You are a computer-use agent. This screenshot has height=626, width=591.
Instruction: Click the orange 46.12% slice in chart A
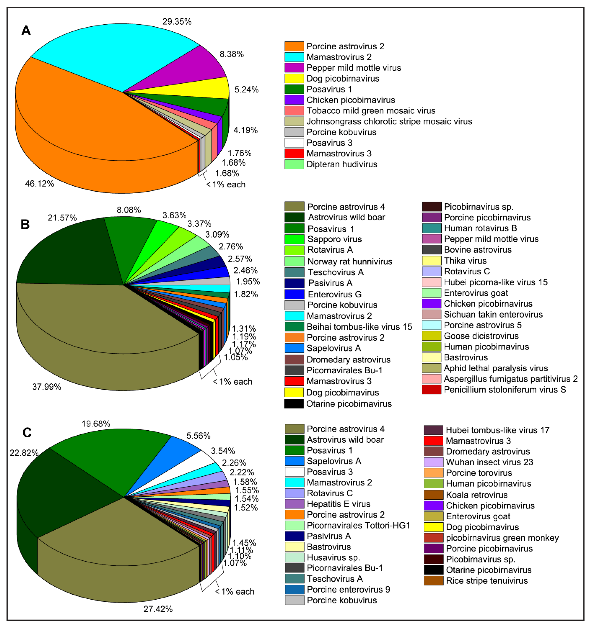[79, 120]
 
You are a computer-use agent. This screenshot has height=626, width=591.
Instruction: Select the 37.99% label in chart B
[47, 387]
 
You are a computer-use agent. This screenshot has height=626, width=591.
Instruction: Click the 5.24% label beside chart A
[246, 90]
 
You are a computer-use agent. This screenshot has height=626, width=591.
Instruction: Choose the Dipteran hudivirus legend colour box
[294, 164]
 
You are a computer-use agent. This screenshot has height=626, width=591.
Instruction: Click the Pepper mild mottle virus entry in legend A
[354, 68]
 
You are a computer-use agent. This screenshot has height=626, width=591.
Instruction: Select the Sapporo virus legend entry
[334, 239]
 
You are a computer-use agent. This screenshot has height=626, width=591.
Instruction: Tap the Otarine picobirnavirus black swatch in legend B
[294, 404]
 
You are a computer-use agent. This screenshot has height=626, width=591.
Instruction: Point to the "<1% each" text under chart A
[226, 185]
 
